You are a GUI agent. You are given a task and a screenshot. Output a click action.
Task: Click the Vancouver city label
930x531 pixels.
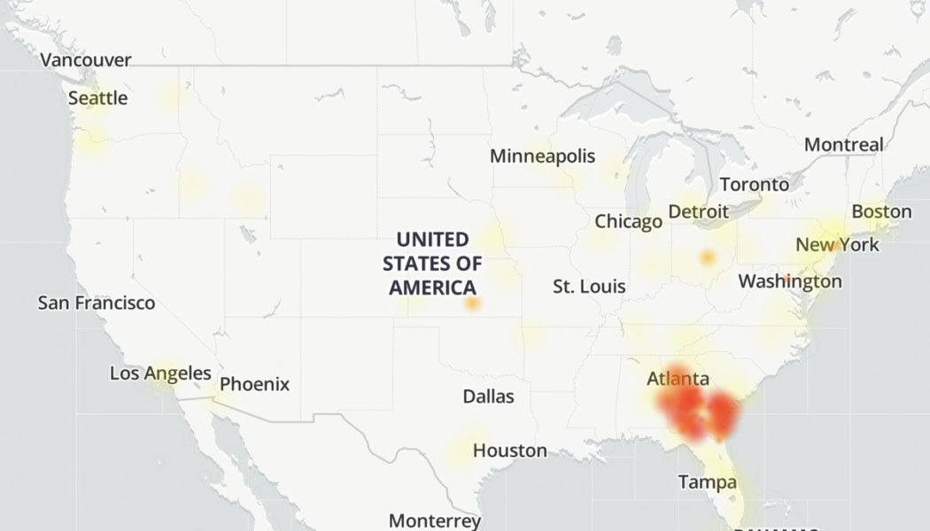tap(86, 60)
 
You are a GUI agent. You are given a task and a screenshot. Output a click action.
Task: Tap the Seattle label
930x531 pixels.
tap(98, 98)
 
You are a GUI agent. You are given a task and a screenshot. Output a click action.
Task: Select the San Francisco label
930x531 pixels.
tap(97, 303)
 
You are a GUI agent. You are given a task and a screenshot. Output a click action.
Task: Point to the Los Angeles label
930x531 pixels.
tap(160, 373)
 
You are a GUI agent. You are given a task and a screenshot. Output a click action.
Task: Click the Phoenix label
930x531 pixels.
tap(254, 384)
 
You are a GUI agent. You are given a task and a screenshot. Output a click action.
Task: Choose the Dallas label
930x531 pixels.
tap(488, 396)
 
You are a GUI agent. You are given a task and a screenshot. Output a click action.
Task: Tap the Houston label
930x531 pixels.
tap(509, 450)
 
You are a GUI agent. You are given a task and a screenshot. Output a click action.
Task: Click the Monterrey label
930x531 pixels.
tap(434, 520)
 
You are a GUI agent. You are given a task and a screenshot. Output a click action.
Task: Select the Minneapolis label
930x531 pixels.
tap(542, 157)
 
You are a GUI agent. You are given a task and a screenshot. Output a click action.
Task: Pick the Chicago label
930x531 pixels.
tap(628, 221)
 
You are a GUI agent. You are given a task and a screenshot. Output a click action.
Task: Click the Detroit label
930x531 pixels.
tap(698, 212)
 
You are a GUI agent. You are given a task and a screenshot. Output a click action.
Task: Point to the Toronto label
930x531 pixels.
tap(754, 185)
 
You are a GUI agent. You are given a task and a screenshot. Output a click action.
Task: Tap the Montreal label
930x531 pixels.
tap(843, 144)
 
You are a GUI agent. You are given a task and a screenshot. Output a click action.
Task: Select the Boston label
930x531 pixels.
tap(881, 212)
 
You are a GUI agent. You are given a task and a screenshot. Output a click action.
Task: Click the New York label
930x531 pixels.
tap(837, 244)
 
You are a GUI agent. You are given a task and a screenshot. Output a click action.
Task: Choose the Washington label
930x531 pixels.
tap(790, 281)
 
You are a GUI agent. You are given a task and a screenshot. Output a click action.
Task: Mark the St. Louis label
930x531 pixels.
tap(589, 287)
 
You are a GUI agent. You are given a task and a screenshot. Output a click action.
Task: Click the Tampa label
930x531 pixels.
tap(707, 482)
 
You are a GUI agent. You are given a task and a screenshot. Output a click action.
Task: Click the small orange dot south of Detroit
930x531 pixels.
tap(707, 258)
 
